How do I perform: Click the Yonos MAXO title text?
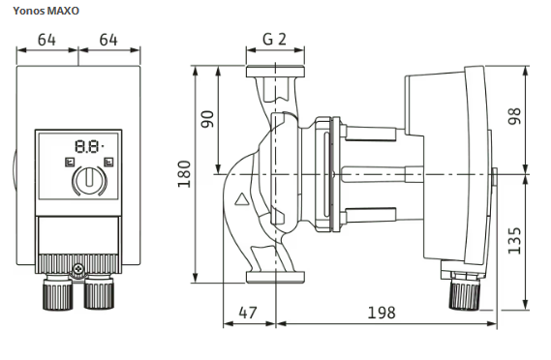(x=46, y=11)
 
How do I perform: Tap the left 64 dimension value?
(x=46, y=40)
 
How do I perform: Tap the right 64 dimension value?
(x=108, y=40)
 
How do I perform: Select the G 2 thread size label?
(x=274, y=39)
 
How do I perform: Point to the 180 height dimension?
(x=184, y=174)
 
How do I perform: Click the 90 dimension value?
(x=207, y=119)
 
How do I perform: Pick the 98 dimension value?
(x=514, y=116)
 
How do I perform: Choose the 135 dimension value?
(x=514, y=241)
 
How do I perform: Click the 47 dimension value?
(x=248, y=313)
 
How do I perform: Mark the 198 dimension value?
(x=382, y=313)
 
